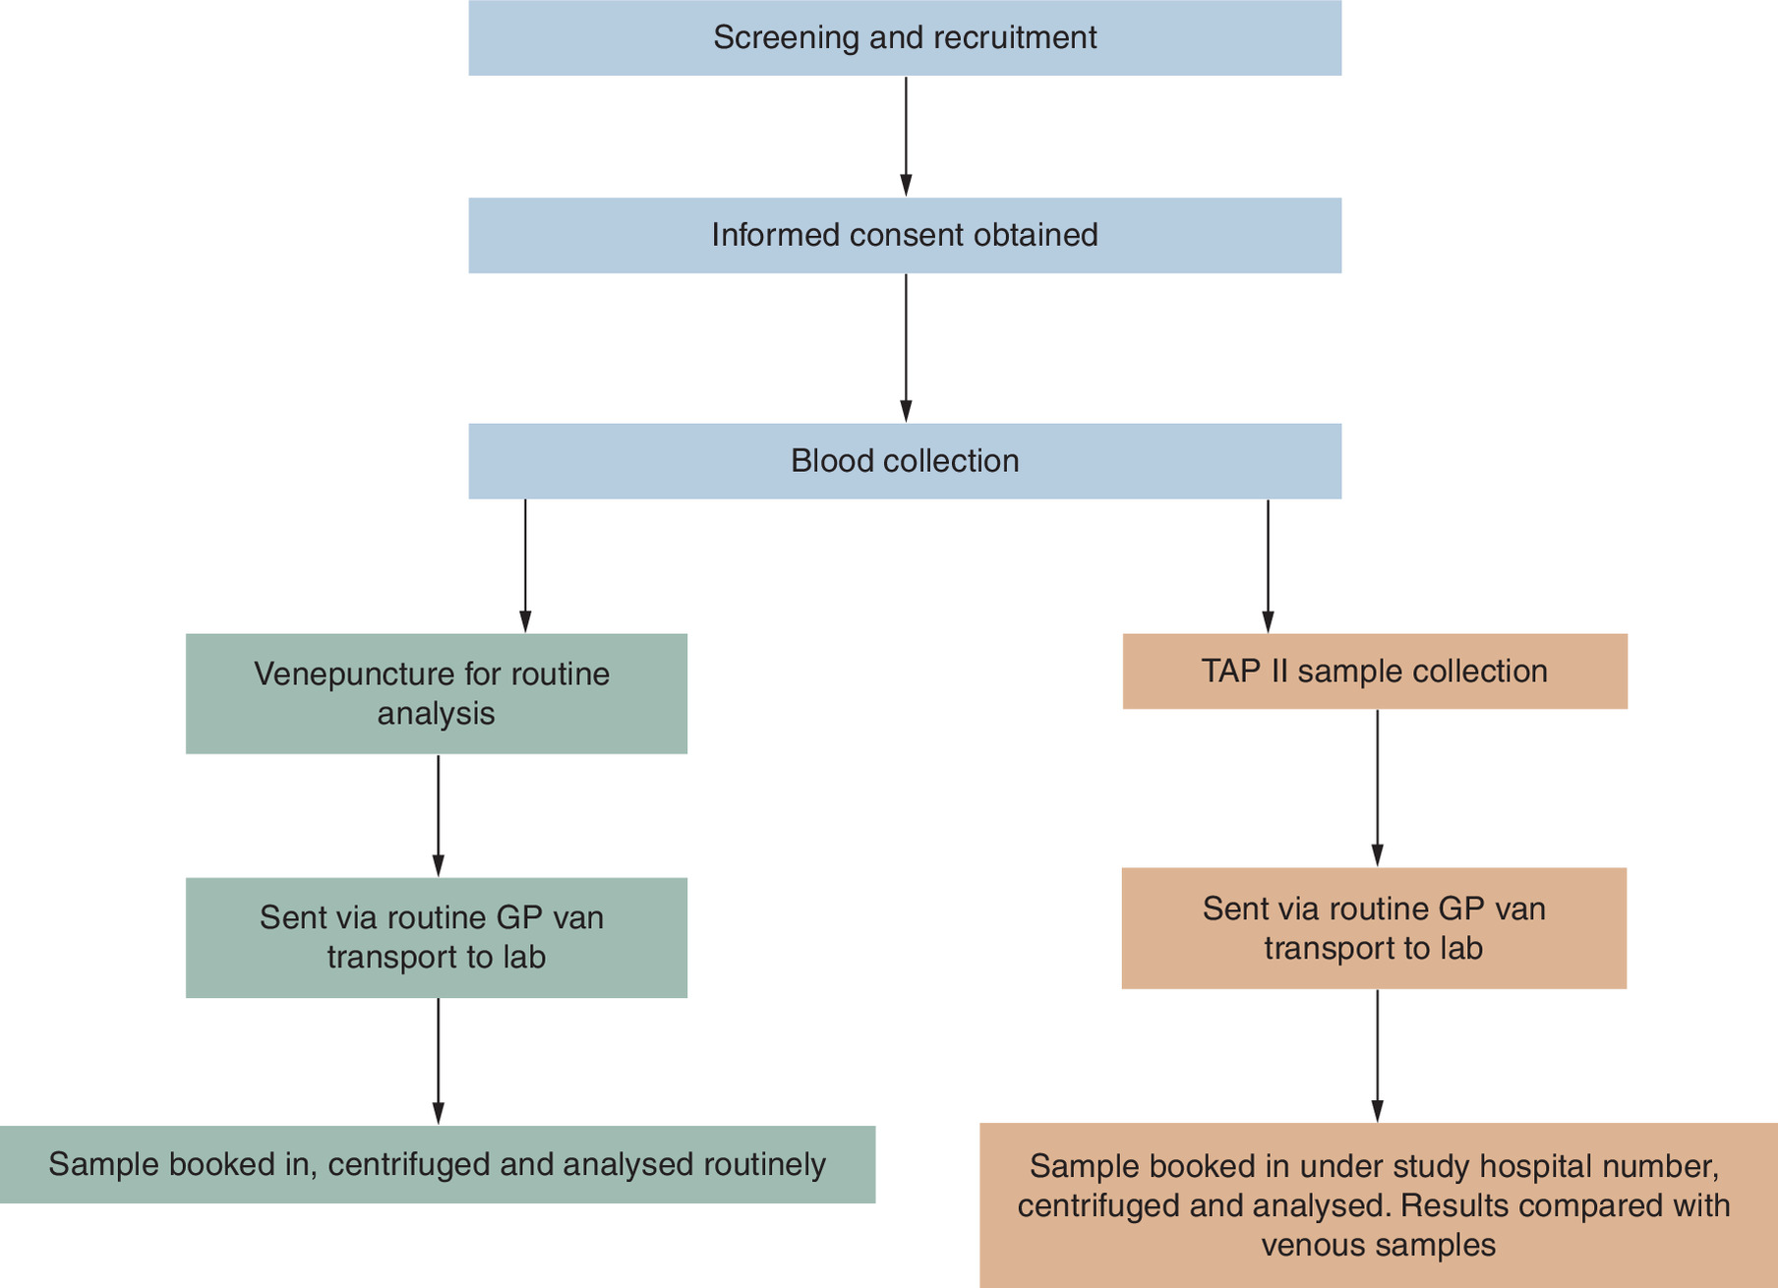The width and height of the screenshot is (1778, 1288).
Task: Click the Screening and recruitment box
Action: (905, 37)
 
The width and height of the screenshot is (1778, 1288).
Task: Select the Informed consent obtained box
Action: (905, 235)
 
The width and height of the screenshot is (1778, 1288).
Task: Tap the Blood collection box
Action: (905, 461)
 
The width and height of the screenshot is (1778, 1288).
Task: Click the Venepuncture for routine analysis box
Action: (437, 694)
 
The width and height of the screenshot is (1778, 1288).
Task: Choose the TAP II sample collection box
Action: (1375, 672)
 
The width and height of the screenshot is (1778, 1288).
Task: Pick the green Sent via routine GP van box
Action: (437, 938)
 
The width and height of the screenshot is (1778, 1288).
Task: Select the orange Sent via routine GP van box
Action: (1374, 928)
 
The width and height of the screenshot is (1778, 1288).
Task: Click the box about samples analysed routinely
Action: (438, 1165)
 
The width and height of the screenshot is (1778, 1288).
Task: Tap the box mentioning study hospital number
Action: (1379, 1205)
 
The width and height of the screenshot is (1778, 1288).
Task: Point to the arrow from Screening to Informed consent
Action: (906, 137)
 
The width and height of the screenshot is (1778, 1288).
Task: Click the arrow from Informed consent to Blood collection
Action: (906, 348)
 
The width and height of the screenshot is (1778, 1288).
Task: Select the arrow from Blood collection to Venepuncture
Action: (525, 566)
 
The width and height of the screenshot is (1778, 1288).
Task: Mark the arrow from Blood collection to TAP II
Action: (1268, 566)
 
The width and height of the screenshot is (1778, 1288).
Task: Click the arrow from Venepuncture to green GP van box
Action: (438, 816)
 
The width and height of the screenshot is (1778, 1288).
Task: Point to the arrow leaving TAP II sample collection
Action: (1377, 789)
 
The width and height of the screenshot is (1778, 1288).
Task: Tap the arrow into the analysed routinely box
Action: (438, 1062)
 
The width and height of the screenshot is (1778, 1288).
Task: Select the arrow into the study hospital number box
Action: (1377, 1056)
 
